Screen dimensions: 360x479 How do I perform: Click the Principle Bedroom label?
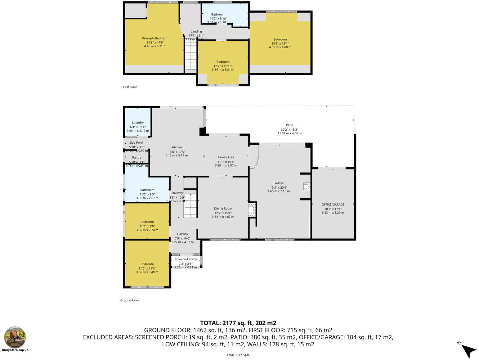tap(155, 38)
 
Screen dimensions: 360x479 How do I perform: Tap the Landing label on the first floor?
tap(196, 32)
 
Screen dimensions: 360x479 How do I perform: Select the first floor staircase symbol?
tap(191, 56)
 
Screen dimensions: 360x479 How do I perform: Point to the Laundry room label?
tap(138, 123)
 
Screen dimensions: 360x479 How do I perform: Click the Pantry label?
tap(137, 158)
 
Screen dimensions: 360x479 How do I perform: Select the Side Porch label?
tap(137, 143)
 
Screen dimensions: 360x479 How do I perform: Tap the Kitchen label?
tap(177, 147)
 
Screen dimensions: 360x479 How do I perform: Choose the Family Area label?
tap(226, 157)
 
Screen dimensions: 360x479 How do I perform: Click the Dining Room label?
tap(223, 209)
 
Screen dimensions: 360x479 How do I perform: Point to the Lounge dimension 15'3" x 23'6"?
tap(279, 187)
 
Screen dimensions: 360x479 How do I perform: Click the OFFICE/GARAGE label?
tap(333, 205)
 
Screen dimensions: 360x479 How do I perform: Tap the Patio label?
tap(289, 125)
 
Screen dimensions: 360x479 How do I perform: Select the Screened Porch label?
tap(186, 259)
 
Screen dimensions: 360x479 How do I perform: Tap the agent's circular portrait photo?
tap(15, 337)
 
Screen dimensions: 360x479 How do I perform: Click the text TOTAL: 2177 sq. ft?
tap(238, 323)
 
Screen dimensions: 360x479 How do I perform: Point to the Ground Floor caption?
tap(130, 300)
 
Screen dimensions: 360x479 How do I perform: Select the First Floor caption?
tap(130, 87)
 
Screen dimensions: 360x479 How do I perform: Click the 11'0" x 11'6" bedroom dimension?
tap(147, 268)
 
